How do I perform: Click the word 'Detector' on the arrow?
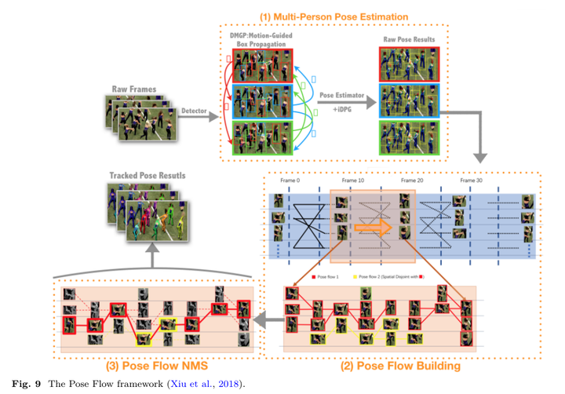point(193,111)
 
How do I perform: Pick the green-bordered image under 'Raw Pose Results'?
point(410,139)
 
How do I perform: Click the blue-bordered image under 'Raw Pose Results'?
point(410,100)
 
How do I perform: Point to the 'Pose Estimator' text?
point(342,95)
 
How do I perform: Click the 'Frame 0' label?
point(290,180)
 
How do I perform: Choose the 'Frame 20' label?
point(411,180)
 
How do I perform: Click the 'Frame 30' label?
point(472,180)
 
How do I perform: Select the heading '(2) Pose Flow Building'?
point(400,365)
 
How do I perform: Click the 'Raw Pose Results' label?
point(410,39)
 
